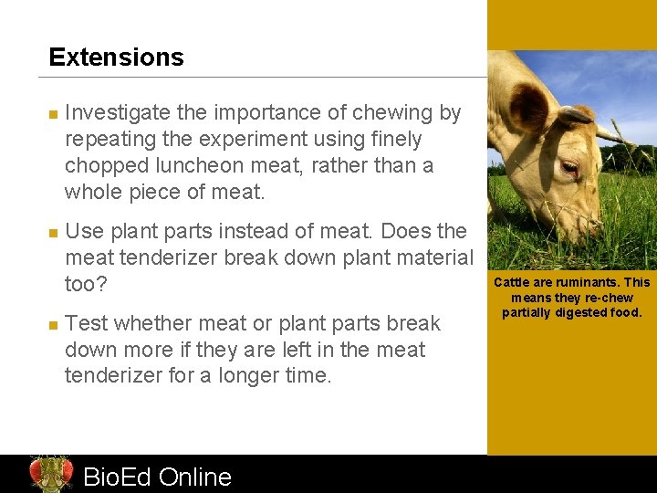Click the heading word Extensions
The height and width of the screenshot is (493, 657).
point(116,58)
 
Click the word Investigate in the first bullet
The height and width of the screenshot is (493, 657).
point(118,113)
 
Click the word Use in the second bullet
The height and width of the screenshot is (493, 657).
point(85,232)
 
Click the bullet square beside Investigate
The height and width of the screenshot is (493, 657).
point(53,115)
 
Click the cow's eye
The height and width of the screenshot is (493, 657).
point(569,168)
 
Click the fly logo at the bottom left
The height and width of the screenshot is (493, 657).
point(50,474)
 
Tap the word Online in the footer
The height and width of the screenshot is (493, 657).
point(194,477)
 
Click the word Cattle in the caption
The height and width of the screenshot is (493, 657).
point(512,282)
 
